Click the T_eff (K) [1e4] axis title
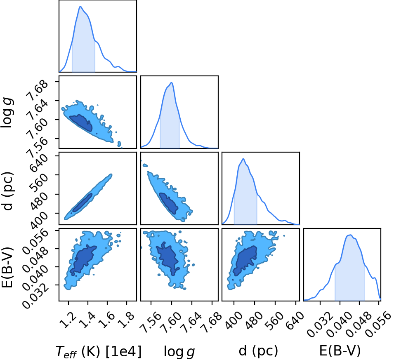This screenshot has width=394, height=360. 99,351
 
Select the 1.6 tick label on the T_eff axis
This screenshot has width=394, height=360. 107,320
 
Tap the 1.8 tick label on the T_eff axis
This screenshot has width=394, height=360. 127,320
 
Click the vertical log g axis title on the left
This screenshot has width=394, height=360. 7,113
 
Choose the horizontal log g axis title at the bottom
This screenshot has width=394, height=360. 179,351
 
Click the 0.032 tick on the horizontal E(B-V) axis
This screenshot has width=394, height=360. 317,325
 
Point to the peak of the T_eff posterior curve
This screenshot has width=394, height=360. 80,7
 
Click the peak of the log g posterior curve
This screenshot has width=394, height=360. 171,82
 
